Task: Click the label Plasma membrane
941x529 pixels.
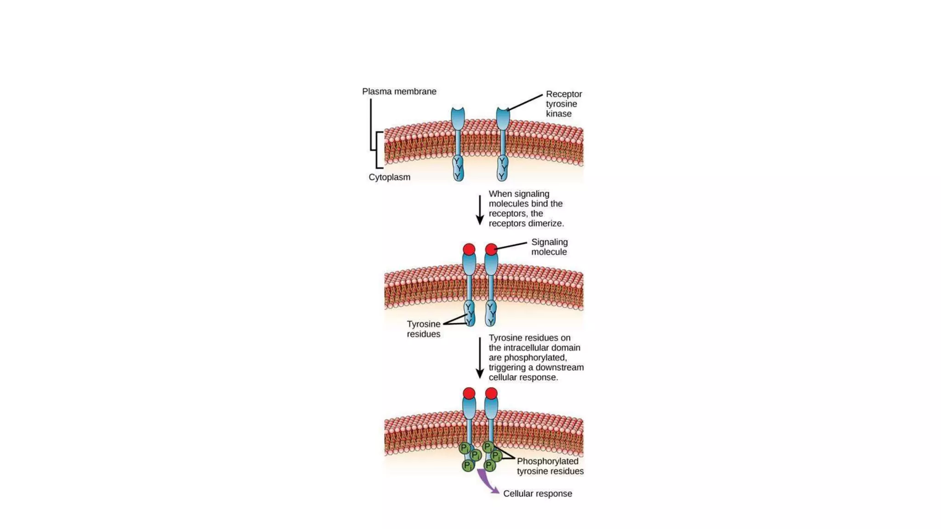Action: tap(399, 91)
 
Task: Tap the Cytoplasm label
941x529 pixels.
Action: tap(389, 177)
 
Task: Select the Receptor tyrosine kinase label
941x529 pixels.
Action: tap(563, 104)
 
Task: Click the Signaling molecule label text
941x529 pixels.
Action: tap(549, 247)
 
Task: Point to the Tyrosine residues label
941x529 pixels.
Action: tap(423, 329)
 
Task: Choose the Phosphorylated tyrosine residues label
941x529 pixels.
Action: tap(550, 466)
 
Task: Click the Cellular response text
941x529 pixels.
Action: tap(537, 494)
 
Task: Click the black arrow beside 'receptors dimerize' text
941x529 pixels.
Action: tap(480, 210)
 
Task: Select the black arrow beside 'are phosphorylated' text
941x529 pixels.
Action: tap(480, 358)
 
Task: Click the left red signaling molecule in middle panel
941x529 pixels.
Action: tap(469, 249)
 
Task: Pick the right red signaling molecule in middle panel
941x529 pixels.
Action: tap(491, 249)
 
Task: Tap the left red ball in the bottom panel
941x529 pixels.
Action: tap(469, 394)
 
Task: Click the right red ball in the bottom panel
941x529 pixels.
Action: tap(491, 394)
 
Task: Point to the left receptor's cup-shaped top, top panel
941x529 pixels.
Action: tap(458, 118)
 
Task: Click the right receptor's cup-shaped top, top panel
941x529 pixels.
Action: tap(503, 118)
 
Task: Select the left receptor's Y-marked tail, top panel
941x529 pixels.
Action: tap(458, 168)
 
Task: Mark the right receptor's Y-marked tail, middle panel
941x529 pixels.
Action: tap(491, 313)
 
